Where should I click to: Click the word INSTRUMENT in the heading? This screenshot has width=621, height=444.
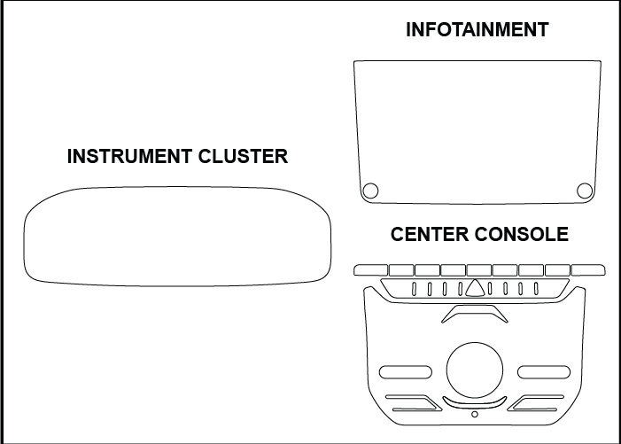[128, 157]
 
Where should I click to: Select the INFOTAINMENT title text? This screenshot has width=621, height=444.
[477, 30]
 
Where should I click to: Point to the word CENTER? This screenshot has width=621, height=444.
[430, 235]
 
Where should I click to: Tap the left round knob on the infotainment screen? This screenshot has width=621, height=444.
[370, 190]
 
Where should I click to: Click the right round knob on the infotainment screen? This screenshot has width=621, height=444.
[585, 190]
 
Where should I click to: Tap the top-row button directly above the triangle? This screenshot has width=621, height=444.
[479, 269]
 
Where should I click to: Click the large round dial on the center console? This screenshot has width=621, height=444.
[476, 370]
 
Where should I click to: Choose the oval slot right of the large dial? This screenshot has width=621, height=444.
[545, 370]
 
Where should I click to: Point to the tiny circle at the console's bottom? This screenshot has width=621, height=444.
[476, 414]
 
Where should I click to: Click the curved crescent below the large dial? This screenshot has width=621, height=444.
[476, 403]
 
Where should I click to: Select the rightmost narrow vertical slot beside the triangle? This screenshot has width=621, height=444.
[537, 288]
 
